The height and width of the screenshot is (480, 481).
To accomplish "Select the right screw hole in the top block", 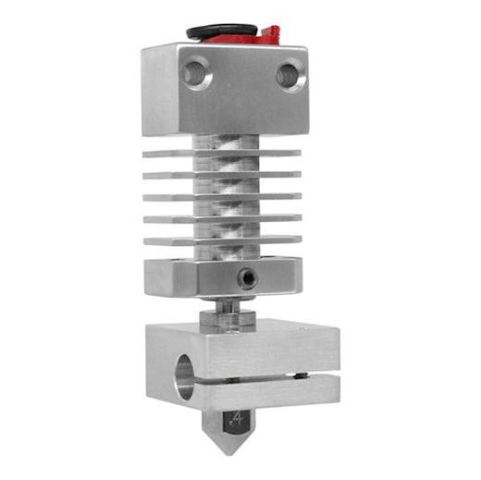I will [x=290, y=75].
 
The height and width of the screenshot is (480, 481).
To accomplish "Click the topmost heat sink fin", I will [x=222, y=152].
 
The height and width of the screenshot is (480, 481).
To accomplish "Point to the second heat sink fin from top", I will [x=222, y=174].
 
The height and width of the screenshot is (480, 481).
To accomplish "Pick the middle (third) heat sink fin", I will [x=222, y=196].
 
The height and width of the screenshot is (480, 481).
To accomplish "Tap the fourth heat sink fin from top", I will [x=222, y=218].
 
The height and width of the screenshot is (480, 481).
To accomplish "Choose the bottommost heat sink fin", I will [x=222, y=241].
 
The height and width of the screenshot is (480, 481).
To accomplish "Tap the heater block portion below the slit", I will [x=259, y=393].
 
